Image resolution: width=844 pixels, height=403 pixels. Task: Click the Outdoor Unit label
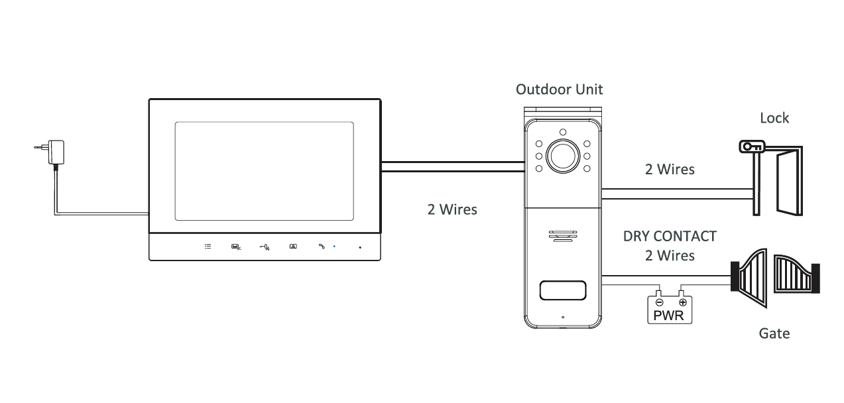click(560, 89)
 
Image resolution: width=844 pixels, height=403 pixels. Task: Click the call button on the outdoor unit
click(563, 290)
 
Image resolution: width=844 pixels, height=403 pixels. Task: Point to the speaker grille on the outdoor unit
click(563, 237)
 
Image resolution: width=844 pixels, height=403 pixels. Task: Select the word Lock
click(774, 118)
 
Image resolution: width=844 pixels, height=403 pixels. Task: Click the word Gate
click(774, 333)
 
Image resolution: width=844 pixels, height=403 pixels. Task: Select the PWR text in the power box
click(669, 315)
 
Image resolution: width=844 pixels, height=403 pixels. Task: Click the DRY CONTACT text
click(670, 236)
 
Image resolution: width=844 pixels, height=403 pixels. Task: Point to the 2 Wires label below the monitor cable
click(452, 209)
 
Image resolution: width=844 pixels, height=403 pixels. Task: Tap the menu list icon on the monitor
click(208, 247)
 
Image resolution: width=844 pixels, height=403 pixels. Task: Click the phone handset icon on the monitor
click(322, 247)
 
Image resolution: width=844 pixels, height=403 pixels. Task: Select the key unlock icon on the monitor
click(265, 247)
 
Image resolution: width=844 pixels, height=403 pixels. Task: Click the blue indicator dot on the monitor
click(334, 247)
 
